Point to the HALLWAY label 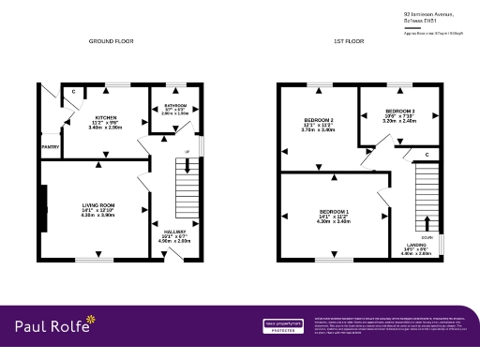[174, 231]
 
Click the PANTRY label [50, 147]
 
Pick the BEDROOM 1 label [333, 211]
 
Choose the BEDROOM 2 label [319, 120]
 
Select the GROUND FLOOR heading [112, 42]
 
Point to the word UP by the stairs [188, 151]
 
